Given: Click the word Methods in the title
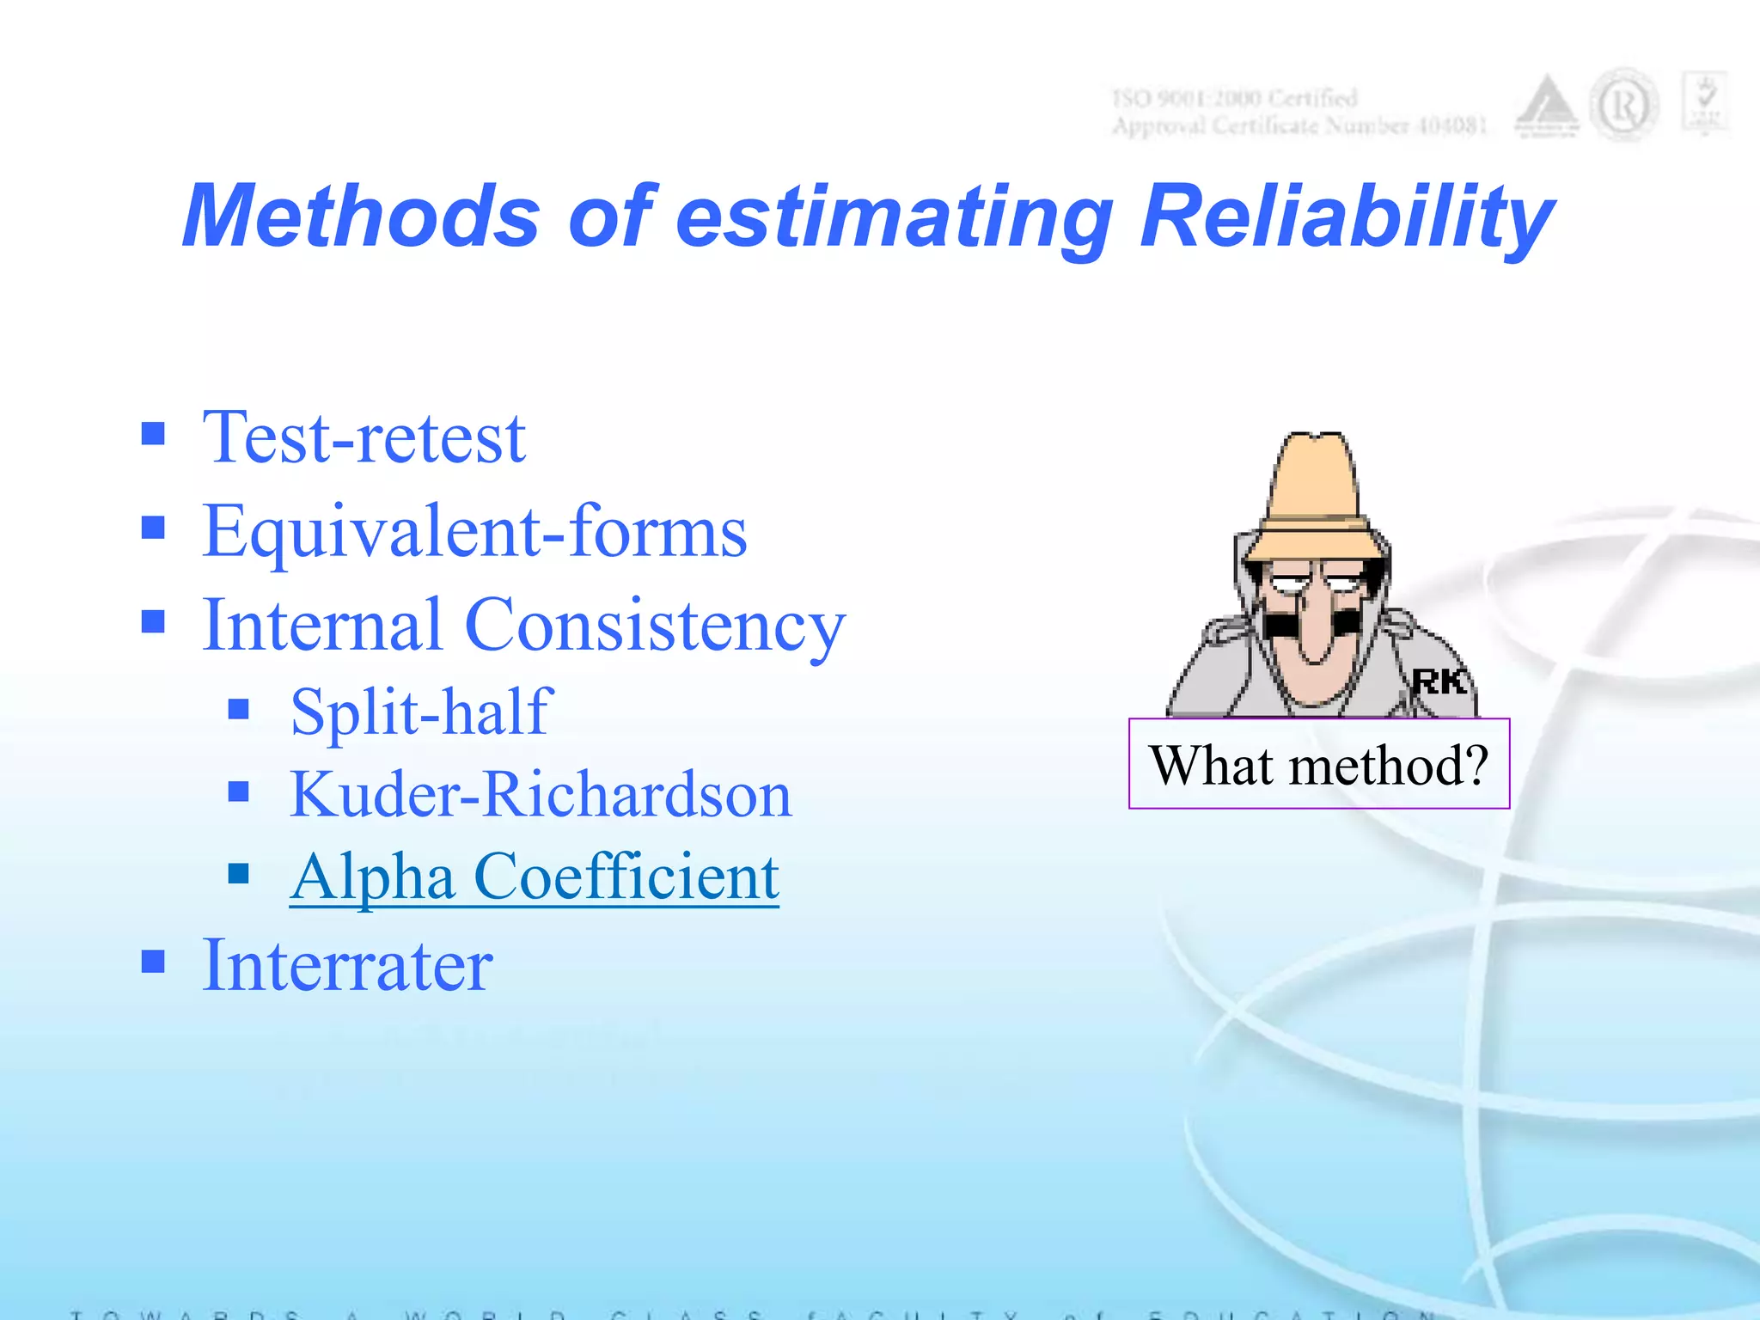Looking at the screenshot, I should pyautogui.click(x=361, y=217).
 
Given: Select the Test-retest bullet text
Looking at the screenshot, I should pyautogui.click(x=364, y=438).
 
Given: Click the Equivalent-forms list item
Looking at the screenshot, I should pyautogui.click(x=474, y=532).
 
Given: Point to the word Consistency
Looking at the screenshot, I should pyautogui.click(x=655, y=626).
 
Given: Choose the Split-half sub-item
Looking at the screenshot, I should pyautogui.click(x=420, y=712).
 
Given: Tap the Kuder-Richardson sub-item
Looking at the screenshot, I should pyautogui.click(x=540, y=794).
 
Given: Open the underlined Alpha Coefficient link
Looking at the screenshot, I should pyautogui.click(x=534, y=877).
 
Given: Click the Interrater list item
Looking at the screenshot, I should pyautogui.click(x=347, y=965).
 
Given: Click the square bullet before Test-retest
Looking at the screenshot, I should pyautogui.click(x=153, y=433).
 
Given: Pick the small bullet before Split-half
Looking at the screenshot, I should pyautogui.click(x=239, y=709).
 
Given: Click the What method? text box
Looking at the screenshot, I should pyautogui.click(x=1318, y=764).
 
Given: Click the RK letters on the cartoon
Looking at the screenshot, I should pyautogui.click(x=1439, y=682).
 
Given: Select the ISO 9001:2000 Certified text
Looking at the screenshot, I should pyautogui.click(x=1234, y=98).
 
